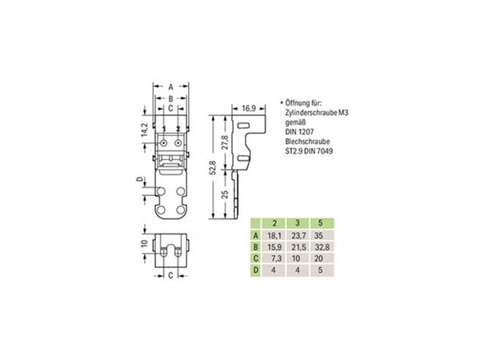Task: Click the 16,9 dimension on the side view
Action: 249,108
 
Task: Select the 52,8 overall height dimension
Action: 213,167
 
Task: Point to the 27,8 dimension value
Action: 225,142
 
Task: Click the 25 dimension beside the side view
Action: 225,194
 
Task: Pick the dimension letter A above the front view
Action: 171,87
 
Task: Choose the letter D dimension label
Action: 139,179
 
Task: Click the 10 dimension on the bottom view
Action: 145,243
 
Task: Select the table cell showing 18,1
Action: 274,235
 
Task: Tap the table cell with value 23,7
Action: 298,235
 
